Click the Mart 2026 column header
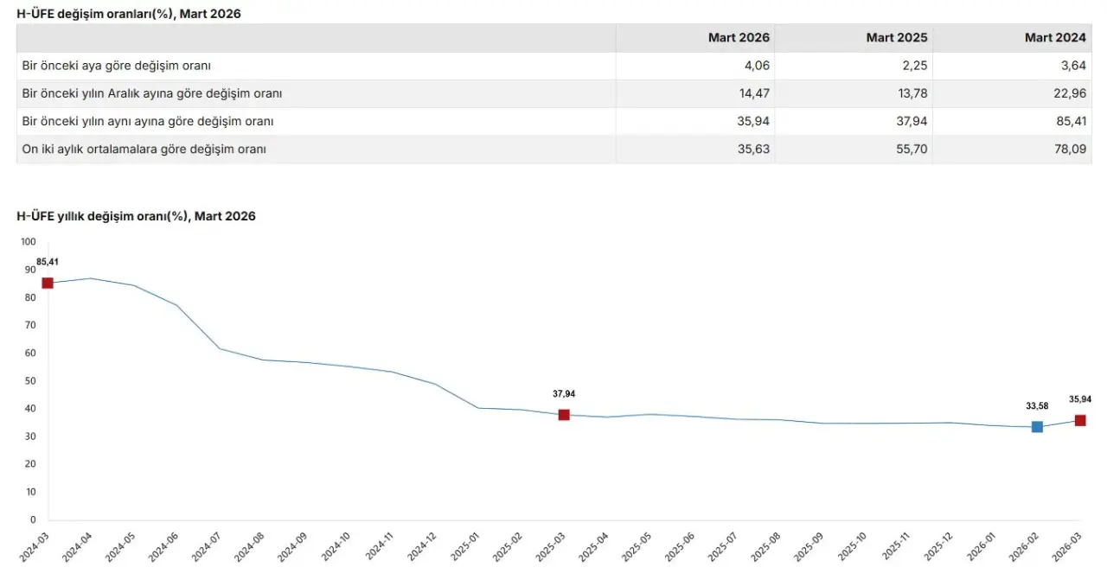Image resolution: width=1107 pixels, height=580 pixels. pos(739,38)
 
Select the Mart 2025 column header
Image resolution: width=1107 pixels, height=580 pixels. pos(897,38)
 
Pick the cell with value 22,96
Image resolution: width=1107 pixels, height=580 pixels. pos(1068,93)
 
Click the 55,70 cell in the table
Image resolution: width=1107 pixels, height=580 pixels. pos(912,149)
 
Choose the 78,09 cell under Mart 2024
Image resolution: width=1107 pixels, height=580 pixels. pos(1068,149)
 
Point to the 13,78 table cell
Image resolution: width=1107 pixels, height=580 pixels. pos(912,93)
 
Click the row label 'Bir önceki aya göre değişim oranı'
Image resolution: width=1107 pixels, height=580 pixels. pos(117,66)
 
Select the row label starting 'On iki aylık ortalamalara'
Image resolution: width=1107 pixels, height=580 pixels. pos(144,149)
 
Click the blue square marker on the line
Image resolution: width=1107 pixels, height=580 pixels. pos(1037,427)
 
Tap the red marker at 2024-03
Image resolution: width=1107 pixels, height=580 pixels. pos(48,284)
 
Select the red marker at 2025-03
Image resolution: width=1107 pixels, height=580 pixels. pos(564,415)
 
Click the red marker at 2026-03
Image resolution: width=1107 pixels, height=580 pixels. pos(1080,421)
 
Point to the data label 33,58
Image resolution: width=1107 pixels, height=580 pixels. pos(1037,405)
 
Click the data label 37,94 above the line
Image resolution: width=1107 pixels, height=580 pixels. pos(564,394)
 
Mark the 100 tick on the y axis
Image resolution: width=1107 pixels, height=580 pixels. pos(29,242)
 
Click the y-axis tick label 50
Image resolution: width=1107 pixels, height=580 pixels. pos(30,381)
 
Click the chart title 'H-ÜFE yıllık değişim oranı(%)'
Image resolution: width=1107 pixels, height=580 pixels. pos(136,217)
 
